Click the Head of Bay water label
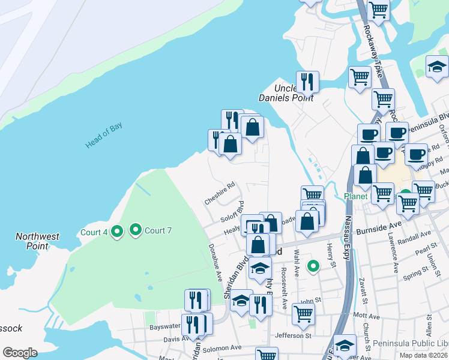click(104, 136)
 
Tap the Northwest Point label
click(37, 241)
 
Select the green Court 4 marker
click(118, 231)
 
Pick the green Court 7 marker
click(136, 230)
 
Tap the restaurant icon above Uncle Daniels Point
click(307, 81)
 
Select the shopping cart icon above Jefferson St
click(304, 314)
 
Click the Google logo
click(20, 353)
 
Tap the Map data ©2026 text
click(423, 355)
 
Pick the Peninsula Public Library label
click(410, 343)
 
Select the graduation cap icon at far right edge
click(437, 67)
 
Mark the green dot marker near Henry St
click(312, 266)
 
